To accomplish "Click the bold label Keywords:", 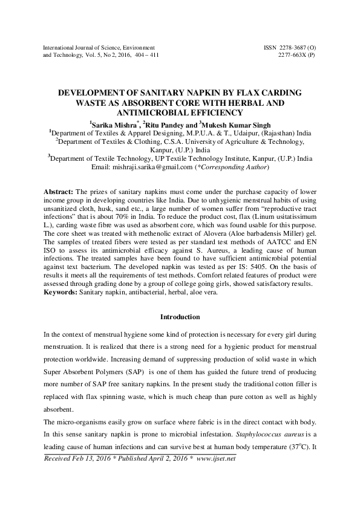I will click(x=62, y=293).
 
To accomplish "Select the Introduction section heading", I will click(x=180, y=317).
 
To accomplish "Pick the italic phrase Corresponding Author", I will click(x=232, y=167).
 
